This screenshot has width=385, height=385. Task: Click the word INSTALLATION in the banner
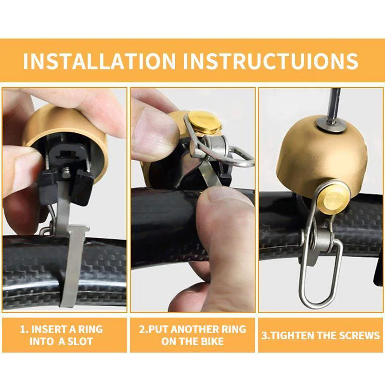(x=99, y=61)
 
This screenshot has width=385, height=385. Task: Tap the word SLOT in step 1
(x=79, y=342)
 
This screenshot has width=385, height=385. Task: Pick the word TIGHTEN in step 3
(x=292, y=335)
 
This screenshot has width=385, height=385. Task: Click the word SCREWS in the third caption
(x=359, y=335)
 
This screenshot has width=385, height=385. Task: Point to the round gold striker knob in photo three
(x=333, y=198)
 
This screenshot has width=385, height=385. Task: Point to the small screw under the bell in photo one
(x=65, y=172)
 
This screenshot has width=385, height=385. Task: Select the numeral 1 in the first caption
(x=22, y=329)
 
